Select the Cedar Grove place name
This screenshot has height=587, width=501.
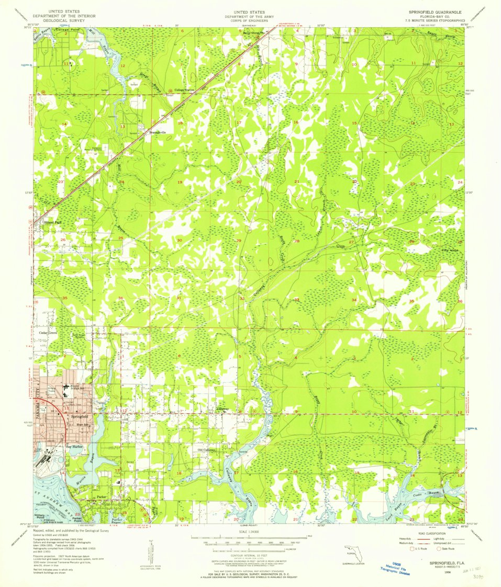48,332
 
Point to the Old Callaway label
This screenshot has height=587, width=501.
207,450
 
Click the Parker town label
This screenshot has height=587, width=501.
102,496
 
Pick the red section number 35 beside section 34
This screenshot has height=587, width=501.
411,301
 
